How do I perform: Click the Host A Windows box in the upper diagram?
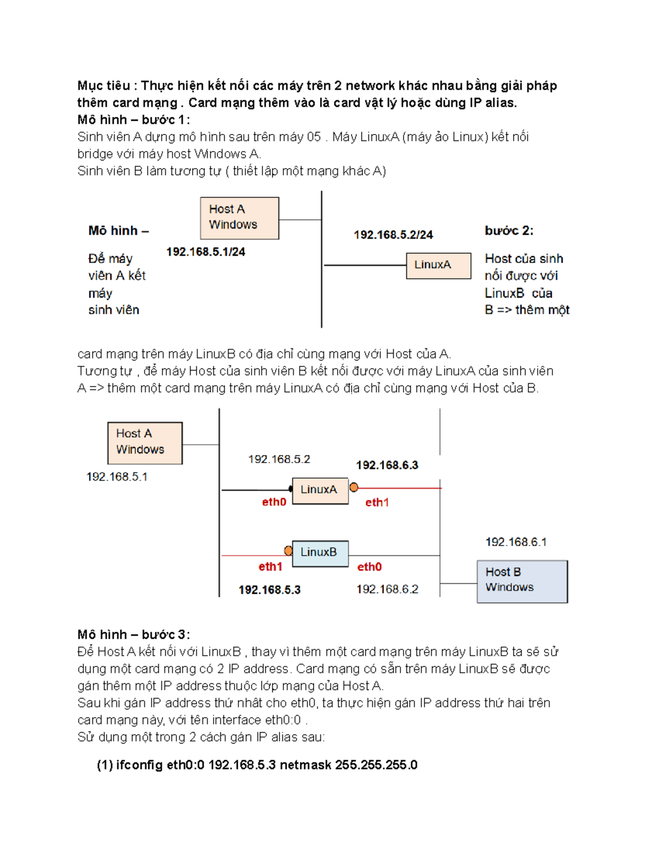pyautogui.click(x=239, y=218)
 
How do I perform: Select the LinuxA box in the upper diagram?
pyautogui.click(x=438, y=266)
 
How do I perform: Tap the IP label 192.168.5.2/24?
pyautogui.click(x=393, y=235)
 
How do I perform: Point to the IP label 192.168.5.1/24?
pyautogui.click(x=206, y=252)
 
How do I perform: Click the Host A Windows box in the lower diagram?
pyautogui.click(x=145, y=443)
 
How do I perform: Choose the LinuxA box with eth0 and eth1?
pyautogui.click(x=320, y=490)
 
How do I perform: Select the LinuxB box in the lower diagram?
pyautogui.click(x=320, y=553)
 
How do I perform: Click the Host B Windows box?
pyautogui.click(x=522, y=581)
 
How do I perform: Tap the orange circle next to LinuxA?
pyautogui.click(x=354, y=487)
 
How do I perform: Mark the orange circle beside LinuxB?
pyautogui.click(x=288, y=550)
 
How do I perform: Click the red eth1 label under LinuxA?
pyautogui.click(x=377, y=503)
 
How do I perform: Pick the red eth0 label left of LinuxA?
pyautogui.click(x=274, y=502)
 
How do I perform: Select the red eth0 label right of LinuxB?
pyautogui.click(x=370, y=567)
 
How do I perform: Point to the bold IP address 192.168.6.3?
pyautogui.click(x=387, y=465)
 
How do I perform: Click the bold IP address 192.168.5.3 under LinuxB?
pyautogui.click(x=270, y=590)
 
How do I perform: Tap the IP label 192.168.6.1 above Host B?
pyautogui.click(x=516, y=542)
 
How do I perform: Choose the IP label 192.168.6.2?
pyautogui.click(x=387, y=589)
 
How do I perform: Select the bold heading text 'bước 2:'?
pyautogui.click(x=509, y=231)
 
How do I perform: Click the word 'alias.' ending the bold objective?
pyautogui.click(x=501, y=103)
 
